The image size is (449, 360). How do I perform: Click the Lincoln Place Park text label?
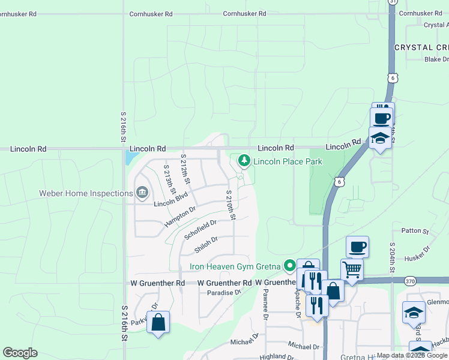[288, 161]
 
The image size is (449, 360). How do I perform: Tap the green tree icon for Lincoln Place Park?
[244, 160]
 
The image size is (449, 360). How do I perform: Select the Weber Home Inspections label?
[86, 193]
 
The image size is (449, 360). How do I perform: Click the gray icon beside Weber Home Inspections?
[142, 193]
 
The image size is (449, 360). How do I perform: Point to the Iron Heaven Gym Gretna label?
[236, 266]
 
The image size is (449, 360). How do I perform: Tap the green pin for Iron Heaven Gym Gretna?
[290, 265]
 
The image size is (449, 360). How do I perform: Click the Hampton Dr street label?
[180, 217]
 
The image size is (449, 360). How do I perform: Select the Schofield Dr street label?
[200, 229]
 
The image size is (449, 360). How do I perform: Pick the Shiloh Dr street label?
[205, 244]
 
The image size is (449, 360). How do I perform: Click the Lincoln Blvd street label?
[170, 200]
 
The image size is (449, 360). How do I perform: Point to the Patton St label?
[415, 230]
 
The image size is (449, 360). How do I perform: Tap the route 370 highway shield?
[411, 280]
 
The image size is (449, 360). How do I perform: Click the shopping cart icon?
[352, 269]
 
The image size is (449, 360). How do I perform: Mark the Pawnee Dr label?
[265, 301]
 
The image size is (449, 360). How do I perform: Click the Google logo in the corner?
[20, 353]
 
